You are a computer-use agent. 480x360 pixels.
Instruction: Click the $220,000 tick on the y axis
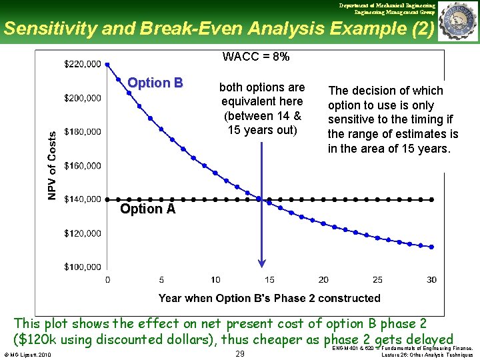83,64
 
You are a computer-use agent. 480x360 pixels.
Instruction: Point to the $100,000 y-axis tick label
83,267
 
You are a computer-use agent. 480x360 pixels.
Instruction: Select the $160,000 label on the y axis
83,165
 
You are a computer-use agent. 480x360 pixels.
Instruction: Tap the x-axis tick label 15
269,279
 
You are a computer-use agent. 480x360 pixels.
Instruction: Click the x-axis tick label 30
431,279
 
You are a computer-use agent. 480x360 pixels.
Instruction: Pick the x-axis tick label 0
108,279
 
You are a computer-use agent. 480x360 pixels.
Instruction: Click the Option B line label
155,83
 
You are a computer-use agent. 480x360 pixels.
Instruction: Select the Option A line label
147,209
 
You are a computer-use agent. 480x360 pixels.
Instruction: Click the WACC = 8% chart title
256,57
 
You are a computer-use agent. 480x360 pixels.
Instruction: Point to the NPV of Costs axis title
52,165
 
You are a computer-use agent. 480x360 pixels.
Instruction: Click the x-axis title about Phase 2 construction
269,298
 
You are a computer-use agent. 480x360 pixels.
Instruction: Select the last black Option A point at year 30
433,199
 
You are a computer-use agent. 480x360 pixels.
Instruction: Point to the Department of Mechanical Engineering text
387,5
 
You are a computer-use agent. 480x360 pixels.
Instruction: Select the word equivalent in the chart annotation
262,101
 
